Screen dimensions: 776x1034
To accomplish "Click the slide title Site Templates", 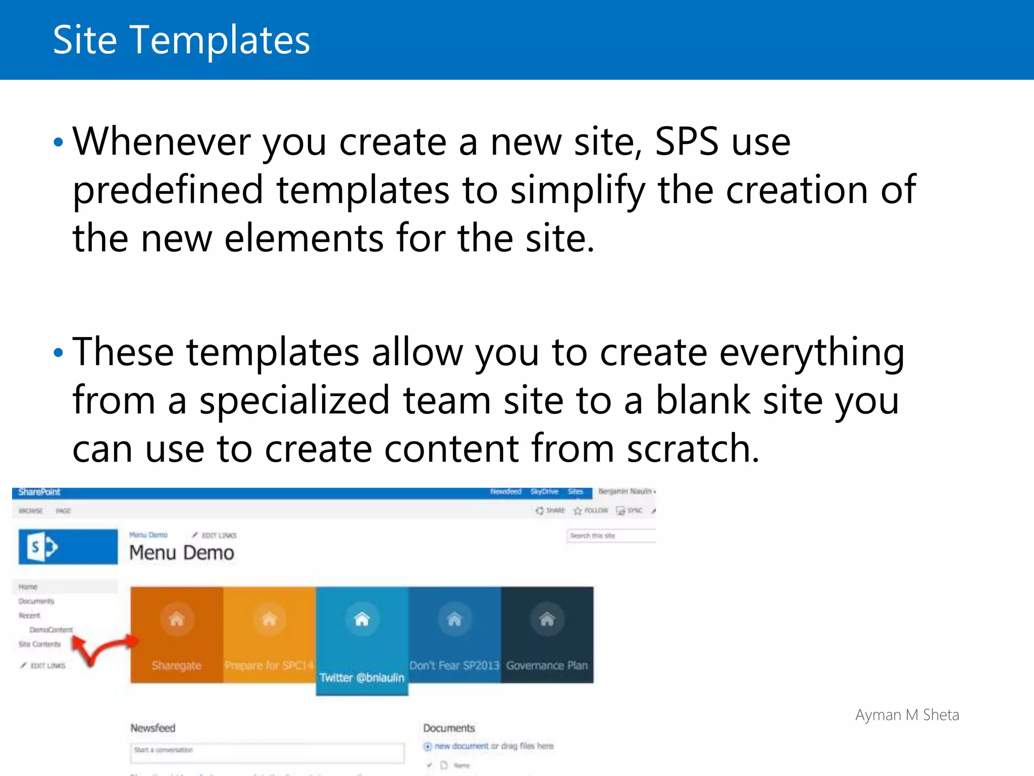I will [181, 40].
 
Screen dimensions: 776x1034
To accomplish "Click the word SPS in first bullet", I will [686, 142].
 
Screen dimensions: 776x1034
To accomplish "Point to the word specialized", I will [294, 401].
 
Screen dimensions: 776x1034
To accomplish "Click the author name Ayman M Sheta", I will [907, 715].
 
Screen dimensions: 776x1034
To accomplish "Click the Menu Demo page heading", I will [182, 553].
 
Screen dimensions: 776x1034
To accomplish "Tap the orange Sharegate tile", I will [177, 635].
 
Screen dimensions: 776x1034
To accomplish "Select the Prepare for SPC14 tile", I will [269, 635].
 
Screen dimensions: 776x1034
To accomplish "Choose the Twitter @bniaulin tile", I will [362, 641].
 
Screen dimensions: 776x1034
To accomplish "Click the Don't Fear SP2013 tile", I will [454, 635].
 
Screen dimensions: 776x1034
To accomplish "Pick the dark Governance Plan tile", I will [547, 635].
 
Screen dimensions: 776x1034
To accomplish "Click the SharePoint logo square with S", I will [68, 547].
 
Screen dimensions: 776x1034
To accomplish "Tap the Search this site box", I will [611, 536].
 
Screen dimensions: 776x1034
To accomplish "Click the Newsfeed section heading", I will [153, 728].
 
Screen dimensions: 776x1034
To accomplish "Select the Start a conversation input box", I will [267, 752].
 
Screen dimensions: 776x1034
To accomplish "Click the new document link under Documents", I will [461, 746].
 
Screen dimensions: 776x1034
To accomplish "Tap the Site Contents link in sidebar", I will [39, 644].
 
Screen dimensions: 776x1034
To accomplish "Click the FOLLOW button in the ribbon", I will [591, 511].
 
